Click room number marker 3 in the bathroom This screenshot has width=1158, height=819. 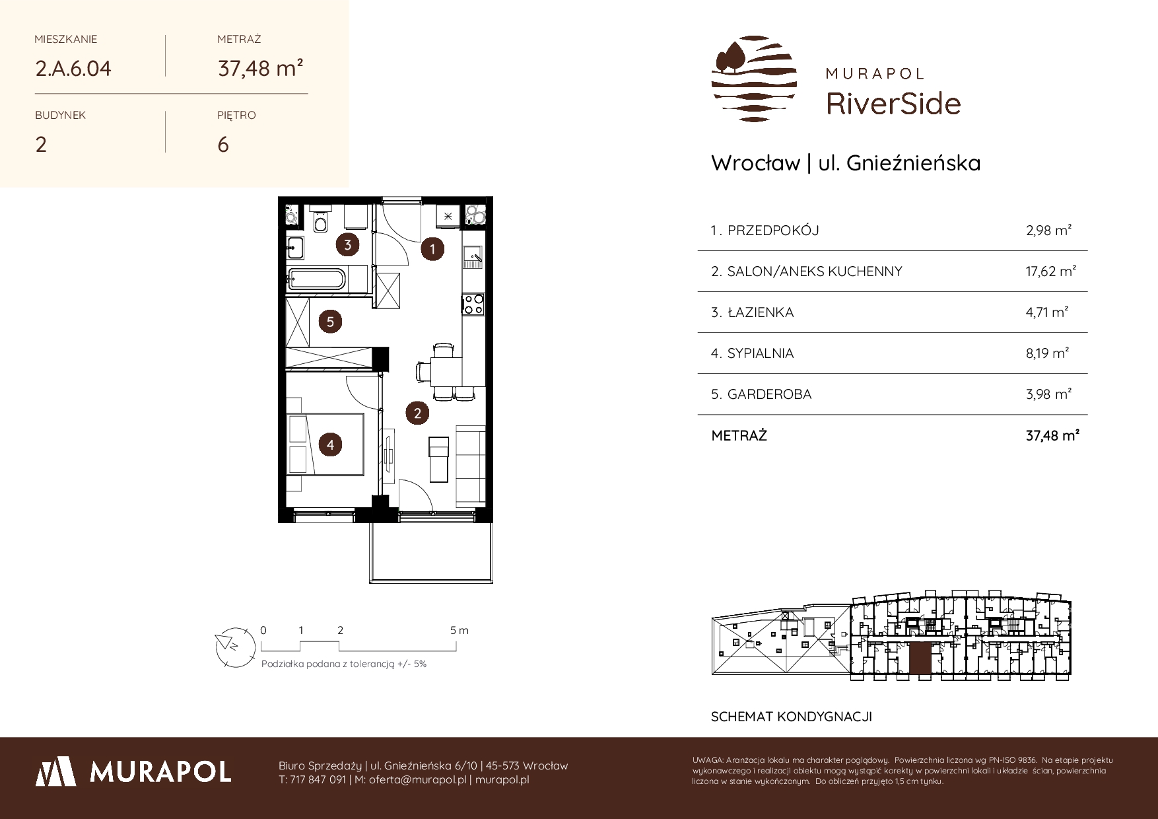click(347, 245)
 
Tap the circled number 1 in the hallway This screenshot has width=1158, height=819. click(432, 249)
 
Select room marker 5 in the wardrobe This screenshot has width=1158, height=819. click(330, 322)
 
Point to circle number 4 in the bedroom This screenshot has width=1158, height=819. click(330, 445)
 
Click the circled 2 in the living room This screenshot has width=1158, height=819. click(417, 413)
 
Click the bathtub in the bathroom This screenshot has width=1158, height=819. click(316, 279)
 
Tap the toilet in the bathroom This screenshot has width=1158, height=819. click(321, 221)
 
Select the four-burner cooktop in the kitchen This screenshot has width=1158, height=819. click(473, 304)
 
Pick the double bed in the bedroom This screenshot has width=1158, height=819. click(326, 444)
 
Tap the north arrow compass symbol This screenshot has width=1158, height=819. click(234, 644)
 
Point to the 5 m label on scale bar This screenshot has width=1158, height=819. click(460, 630)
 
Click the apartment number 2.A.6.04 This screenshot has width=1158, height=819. click(73, 69)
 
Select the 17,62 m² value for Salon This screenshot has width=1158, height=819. click(1051, 271)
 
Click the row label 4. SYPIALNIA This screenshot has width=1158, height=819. click(752, 353)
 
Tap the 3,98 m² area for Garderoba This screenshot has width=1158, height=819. click(1048, 394)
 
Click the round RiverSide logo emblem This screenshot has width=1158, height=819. click(754, 79)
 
